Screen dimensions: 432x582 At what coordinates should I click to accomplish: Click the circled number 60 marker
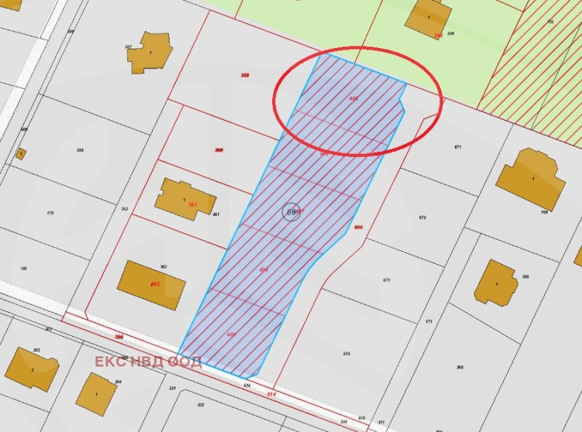291,212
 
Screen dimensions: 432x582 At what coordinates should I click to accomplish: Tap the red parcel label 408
354,97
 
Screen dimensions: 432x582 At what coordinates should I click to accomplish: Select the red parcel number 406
263,270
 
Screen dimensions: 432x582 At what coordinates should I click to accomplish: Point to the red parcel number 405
231,335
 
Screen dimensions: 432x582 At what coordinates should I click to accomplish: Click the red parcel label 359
244,75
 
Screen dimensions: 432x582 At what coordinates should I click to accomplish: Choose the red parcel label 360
218,150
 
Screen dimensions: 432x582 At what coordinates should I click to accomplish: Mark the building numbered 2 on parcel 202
31,369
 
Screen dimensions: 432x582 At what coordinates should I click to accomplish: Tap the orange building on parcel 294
96,393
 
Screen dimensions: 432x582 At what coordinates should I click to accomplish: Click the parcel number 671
458,147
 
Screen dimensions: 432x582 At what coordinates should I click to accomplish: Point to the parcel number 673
386,280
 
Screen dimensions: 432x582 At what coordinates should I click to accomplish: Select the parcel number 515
346,353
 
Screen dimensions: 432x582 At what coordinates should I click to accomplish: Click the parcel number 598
80,151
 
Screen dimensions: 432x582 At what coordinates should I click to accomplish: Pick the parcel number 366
459,367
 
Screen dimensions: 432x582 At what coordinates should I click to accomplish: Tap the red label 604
358,227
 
